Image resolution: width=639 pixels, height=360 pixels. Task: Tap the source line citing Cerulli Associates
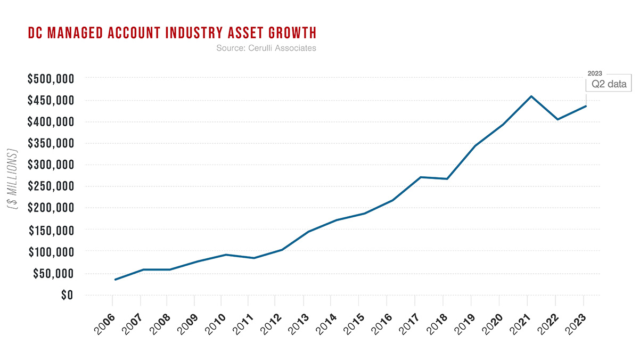266,48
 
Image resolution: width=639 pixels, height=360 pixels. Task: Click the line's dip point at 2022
558,119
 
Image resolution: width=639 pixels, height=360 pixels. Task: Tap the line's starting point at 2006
115,280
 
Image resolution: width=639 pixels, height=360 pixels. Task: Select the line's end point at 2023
586,106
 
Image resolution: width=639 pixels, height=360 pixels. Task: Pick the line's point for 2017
421,177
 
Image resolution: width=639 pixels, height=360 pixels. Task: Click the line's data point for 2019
475,146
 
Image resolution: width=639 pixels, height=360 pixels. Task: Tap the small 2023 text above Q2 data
594,73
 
